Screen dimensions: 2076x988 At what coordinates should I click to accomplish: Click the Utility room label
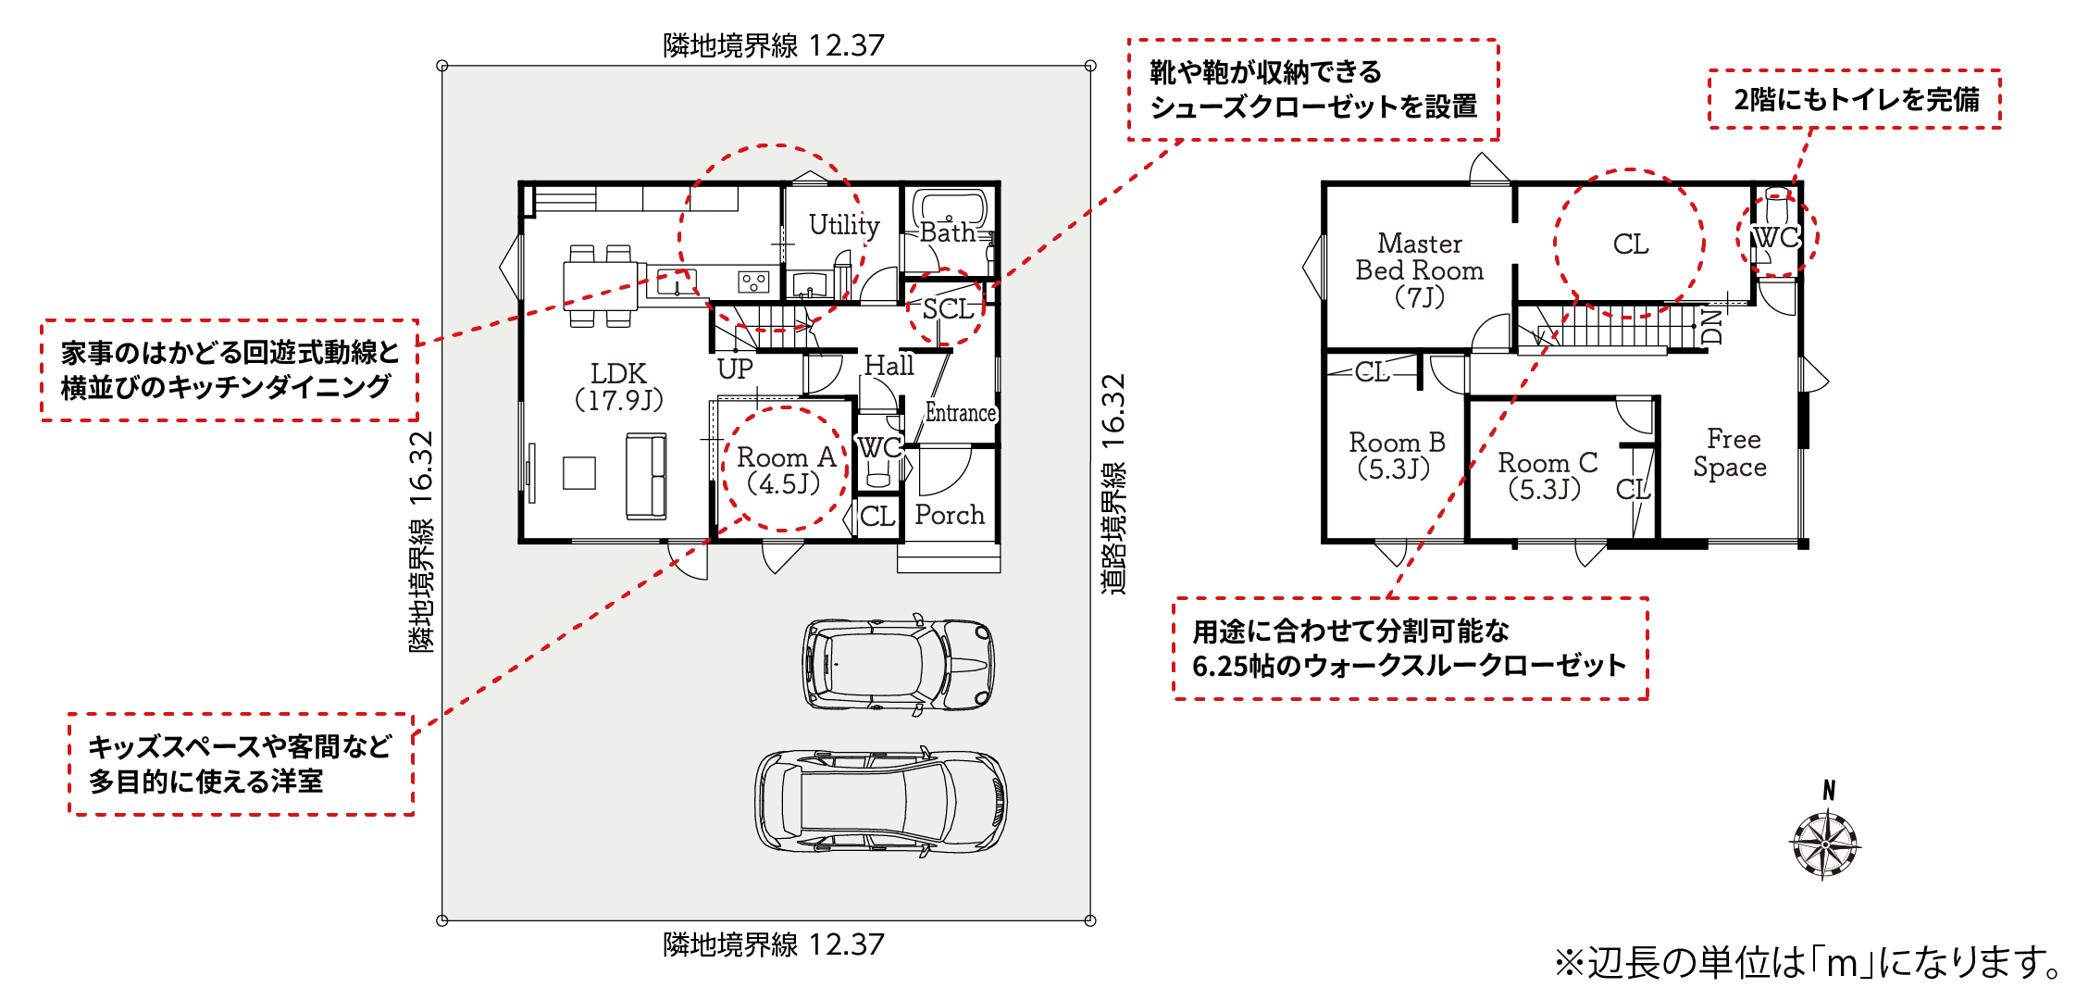tap(844, 225)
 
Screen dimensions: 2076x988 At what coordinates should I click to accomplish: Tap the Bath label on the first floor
tap(947, 232)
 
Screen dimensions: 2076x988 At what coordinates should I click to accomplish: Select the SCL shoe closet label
tap(948, 309)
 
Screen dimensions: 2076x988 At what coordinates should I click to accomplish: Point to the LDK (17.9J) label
tap(618, 386)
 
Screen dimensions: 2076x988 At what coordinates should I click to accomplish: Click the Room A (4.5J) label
tap(786, 469)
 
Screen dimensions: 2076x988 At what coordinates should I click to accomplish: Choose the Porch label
tap(950, 515)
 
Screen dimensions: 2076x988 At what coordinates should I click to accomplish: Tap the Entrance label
tap(961, 413)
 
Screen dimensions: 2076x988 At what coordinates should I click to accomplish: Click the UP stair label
tap(735, 369)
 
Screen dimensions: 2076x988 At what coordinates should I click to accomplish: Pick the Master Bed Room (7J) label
tap(1420, 270)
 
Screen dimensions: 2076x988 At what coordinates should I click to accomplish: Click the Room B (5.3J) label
tap(1397, 455)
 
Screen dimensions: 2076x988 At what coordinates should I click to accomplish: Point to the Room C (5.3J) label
tap(1548, 475)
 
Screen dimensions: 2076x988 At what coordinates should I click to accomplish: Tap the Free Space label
tap(1731, 453)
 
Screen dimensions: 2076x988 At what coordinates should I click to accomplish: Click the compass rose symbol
tap(1825, 844)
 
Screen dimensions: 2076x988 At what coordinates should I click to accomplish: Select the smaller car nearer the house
tap(899, 663)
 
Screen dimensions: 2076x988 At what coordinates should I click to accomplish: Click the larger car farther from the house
tap(880, 801)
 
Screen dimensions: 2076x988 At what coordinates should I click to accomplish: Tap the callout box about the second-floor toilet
tap(1855, 99)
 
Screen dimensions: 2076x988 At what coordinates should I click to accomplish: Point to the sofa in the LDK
tap(646, 476)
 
